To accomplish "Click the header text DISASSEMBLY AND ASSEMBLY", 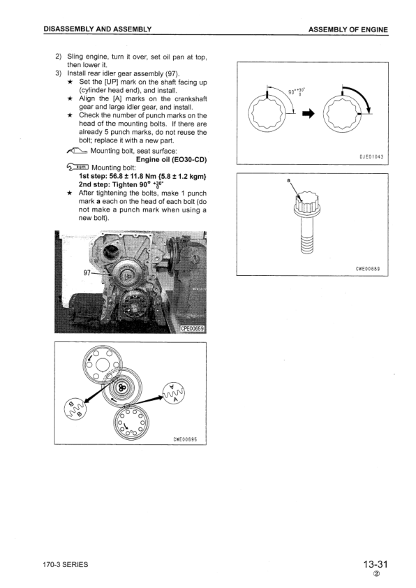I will coord(97,29).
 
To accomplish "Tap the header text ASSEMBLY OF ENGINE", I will coord(346,29).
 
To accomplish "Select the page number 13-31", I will coord(375,564).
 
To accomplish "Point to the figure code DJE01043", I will coord(372,156).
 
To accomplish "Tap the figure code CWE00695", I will coord(186,439).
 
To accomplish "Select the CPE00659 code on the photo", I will coord(193,326).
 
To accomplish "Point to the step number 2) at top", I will coord(59,57).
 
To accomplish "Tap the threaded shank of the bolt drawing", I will coord(306,242).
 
